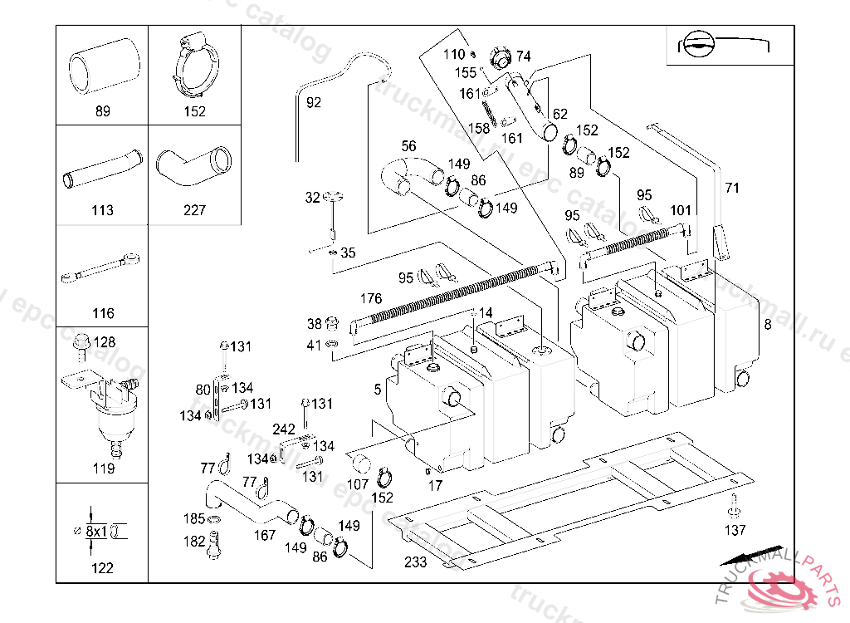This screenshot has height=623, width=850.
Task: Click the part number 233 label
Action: [x=415, y=562]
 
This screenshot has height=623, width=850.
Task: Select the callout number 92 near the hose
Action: [x=314, y=103]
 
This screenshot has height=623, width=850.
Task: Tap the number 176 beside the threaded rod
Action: [x=370, y=298]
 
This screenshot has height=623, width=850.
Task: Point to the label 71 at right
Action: [x=731, y=188]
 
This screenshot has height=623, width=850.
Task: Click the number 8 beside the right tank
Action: [x=767, y=325]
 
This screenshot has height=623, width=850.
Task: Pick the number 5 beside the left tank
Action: [x=378, y=388]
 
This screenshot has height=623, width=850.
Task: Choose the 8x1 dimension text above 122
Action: [x=96, y=530]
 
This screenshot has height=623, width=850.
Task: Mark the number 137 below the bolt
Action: [x=735, y=530]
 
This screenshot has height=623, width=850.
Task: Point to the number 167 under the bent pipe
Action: [x=265, y=536]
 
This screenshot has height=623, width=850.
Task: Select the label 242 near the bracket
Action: [x=284, y=429]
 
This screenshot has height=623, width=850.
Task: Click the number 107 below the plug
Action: [x=358, y=484]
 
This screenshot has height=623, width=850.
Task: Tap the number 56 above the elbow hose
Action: [x=408, y=146]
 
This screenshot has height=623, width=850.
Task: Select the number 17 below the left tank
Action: [x=435, y=486]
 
